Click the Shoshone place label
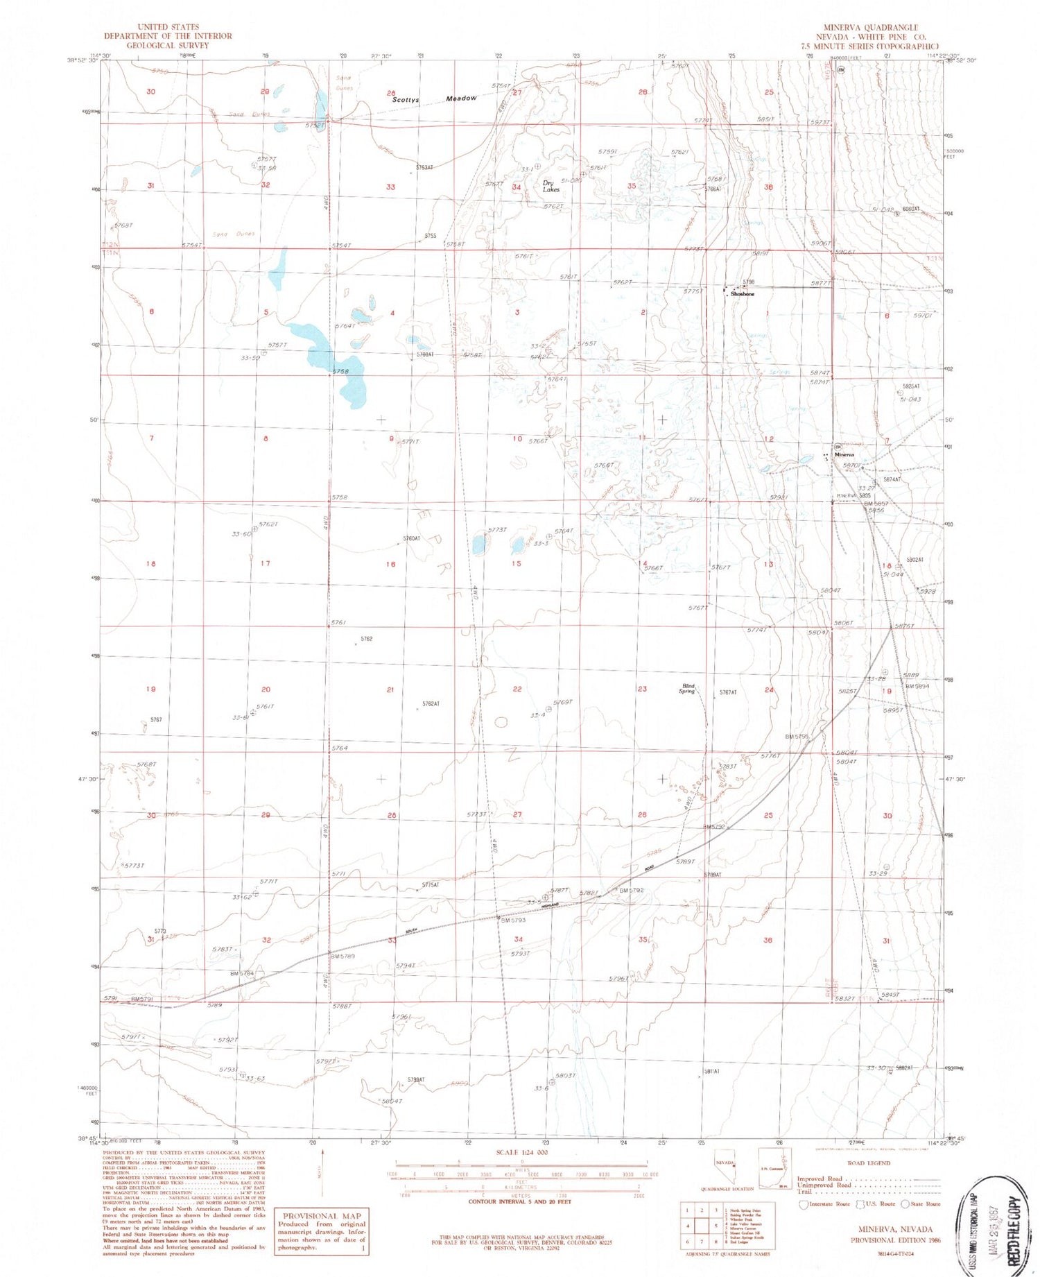[743, 294]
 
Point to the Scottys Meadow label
[435, 99]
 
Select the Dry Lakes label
[551, 186]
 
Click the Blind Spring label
[686, 689]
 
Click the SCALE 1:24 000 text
[521, 1152]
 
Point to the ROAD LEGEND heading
[869, 1163]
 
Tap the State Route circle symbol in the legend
[906, 1204]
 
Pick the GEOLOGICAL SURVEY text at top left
[168, 45]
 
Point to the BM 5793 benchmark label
[514, 920]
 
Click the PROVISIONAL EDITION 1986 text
[895, 1240]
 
